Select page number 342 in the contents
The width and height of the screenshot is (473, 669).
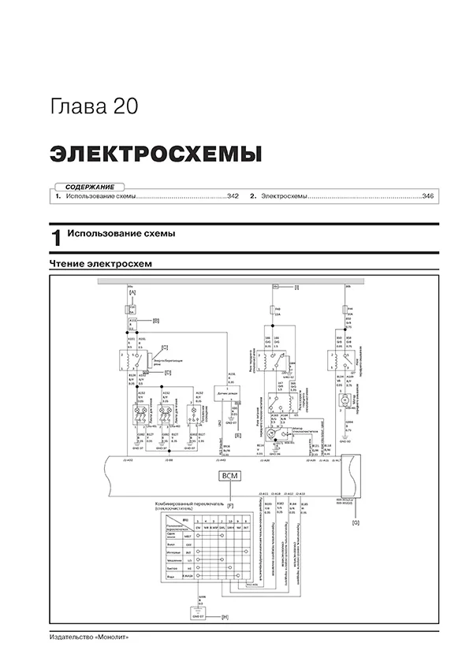click(233, 195)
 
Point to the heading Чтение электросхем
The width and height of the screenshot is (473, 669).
click(99, 263)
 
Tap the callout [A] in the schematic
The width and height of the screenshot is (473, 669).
click(132, 292)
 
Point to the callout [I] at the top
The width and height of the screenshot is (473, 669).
click(296, 287)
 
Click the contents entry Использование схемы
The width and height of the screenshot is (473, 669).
click(101, 195)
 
